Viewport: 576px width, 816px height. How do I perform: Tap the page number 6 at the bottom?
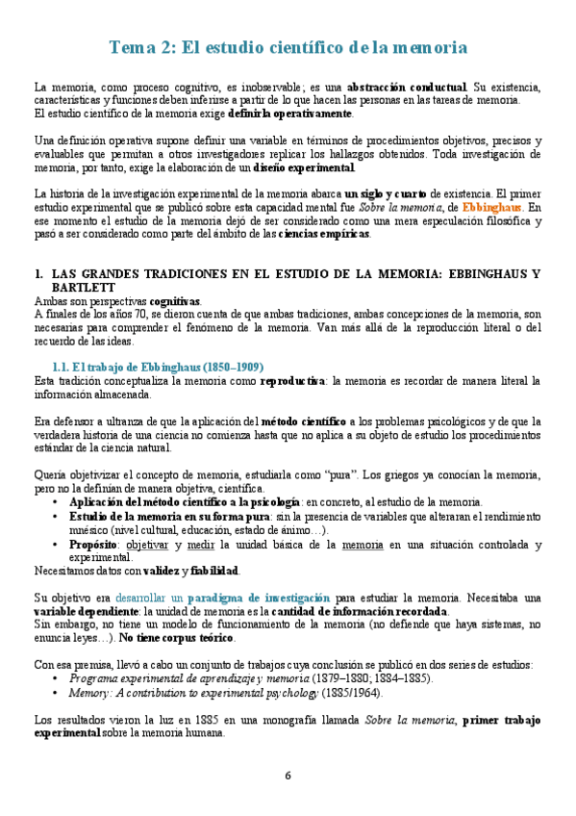pyautogui.click(x=288, y=777)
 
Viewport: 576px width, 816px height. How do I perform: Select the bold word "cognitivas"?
pyautogui.click(x=175, y=301)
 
